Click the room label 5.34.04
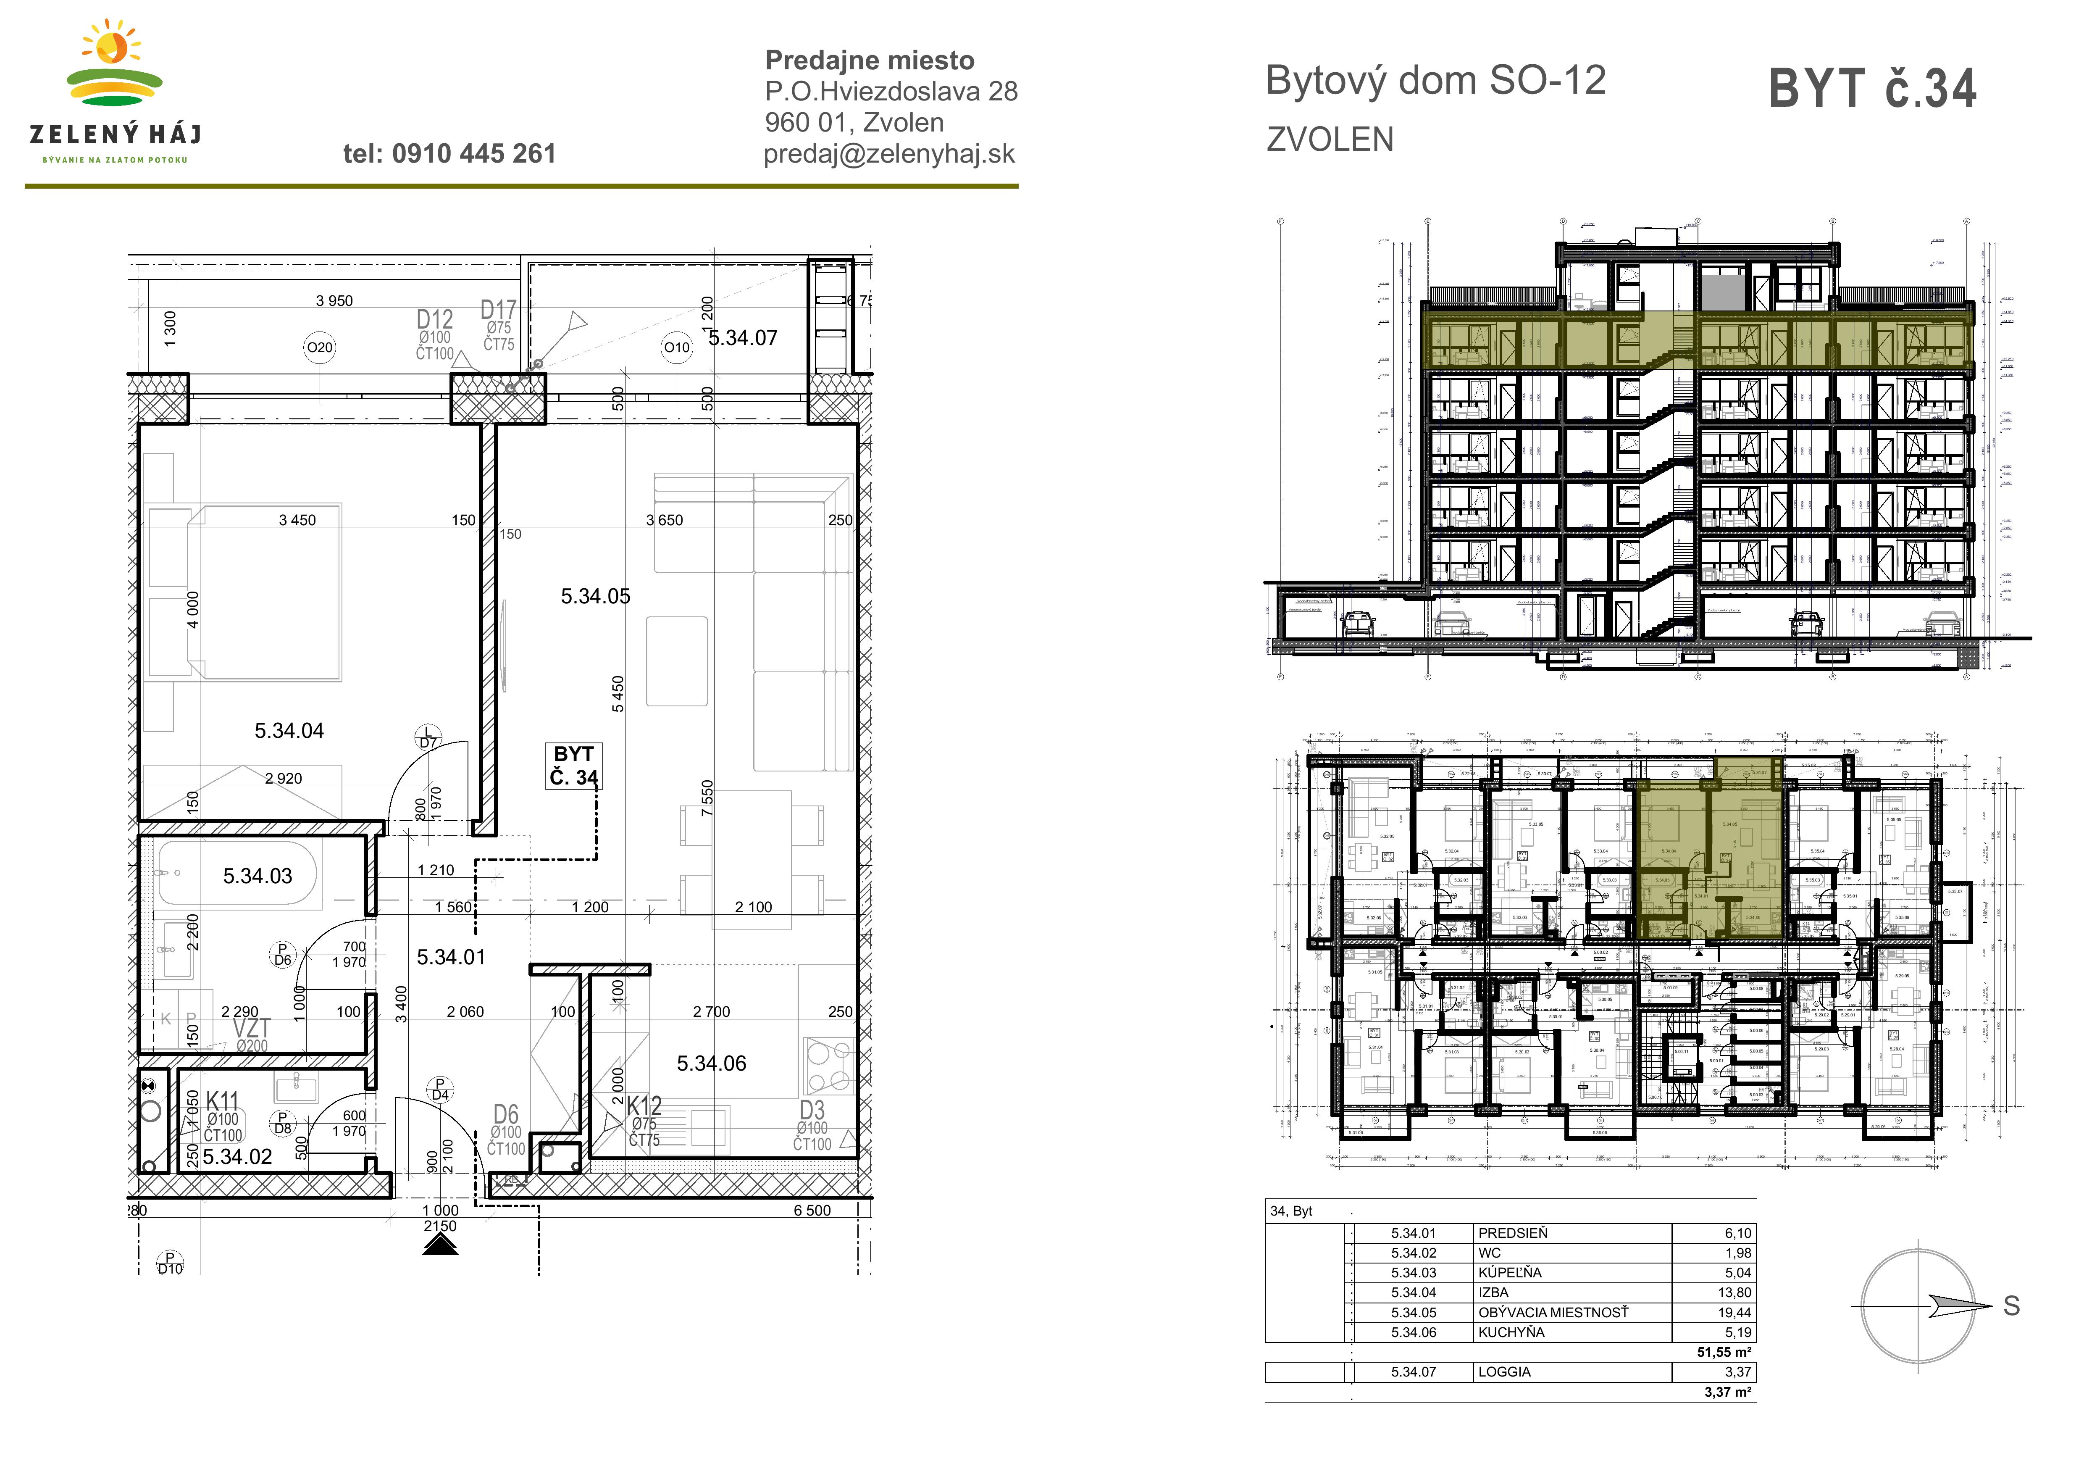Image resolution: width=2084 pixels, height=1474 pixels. coord(289,731)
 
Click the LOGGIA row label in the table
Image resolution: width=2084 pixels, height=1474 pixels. coord(1504,1372)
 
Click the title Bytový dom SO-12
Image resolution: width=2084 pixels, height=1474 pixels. coord(1435,81)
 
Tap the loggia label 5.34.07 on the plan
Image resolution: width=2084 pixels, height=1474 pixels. coord(742,338)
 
